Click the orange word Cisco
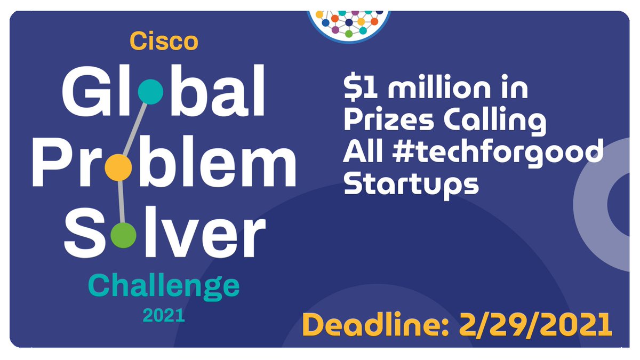(x=164, y=42)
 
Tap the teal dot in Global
(x=150, y=92)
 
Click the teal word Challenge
(x=164, y=287)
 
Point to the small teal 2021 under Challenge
(x=163, y=316)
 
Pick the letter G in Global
(x=84, y=96)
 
